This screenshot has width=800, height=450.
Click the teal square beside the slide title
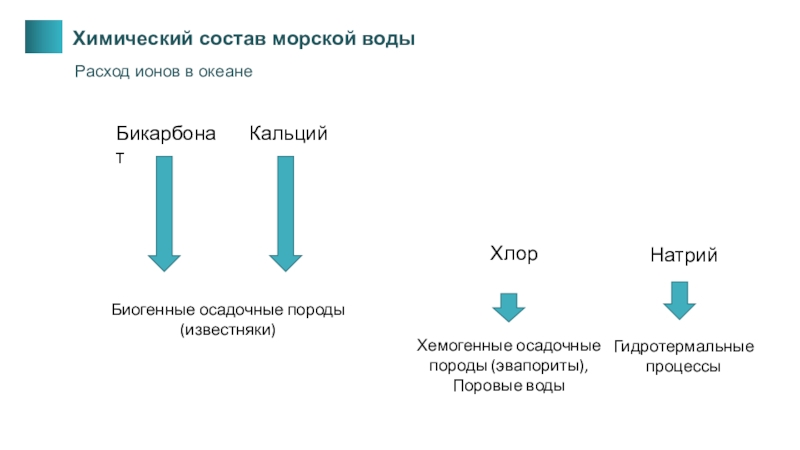41,36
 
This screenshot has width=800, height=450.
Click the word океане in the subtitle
225,72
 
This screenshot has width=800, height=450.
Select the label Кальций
289,134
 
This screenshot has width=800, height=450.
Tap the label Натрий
684,257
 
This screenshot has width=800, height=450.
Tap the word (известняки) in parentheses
227,329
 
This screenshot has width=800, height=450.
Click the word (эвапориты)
548,366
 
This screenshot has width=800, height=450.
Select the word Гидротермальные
684,347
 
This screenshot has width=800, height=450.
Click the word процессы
684,367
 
